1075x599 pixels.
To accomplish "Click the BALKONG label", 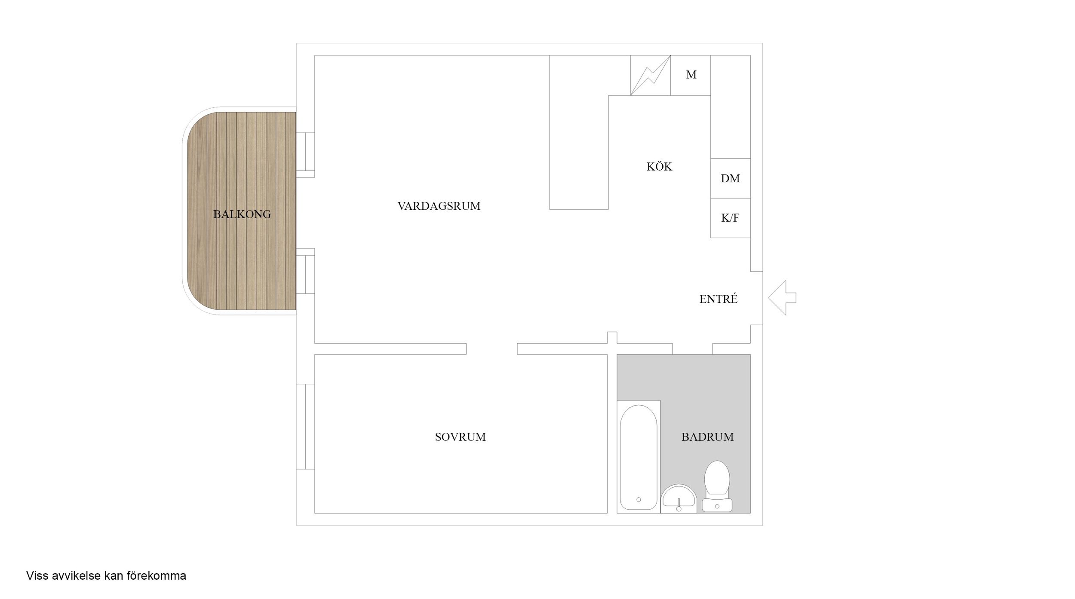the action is coord(242,214).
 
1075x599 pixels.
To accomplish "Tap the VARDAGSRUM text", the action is coord(439,206).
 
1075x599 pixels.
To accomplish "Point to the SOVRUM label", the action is coord(460,437).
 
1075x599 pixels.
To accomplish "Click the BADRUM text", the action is coord(707,437).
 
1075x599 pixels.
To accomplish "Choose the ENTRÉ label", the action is coord(719,299).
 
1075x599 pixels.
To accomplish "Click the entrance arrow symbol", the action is coord(782,298).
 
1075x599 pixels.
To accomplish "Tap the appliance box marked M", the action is coord(691,75).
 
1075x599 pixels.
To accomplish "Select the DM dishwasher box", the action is coord(731,178).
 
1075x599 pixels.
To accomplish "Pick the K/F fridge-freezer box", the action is coord(731,218).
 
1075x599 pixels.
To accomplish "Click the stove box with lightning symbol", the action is coord(651,75).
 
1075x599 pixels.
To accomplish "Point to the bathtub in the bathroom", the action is coord(639,457).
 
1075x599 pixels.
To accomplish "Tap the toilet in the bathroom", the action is coord(717,486).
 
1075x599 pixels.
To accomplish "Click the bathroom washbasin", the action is coord(679,498).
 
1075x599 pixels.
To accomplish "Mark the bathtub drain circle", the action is coord(639,500).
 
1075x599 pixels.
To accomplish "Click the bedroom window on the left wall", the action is coord(305,426).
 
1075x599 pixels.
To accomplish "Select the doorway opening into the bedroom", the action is coord(491,349).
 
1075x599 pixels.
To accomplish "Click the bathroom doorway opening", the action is coord(692,349).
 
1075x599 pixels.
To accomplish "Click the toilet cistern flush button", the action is coord(717,507).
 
